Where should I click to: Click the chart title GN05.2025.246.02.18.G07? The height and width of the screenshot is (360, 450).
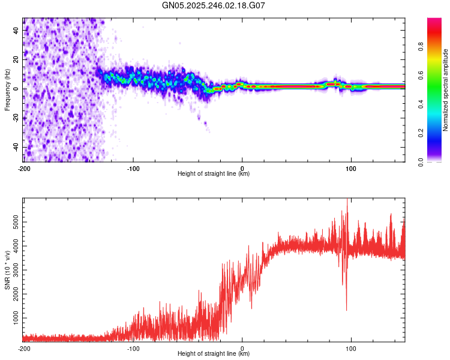click(x=214, y=5)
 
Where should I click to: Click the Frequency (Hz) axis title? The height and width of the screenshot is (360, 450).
click(x=7, y=89)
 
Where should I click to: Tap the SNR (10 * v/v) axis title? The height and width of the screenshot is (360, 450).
click(x=7, y=270)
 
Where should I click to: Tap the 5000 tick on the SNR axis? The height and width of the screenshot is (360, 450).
click(x=17, y=223)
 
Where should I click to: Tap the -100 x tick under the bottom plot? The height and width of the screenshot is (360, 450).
click(x=133, y=347)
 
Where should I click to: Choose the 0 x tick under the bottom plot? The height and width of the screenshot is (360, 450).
click(x=242, y=347)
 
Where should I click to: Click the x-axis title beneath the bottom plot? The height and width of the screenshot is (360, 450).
click(x=214, y=354)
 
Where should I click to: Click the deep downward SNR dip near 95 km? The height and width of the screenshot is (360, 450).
click(x=346, y=308)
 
